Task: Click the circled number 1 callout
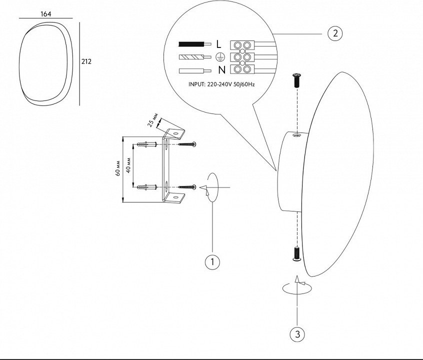click(x=212, y=261)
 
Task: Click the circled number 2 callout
click(x=335, y=33)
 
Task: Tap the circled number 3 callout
click(x=297, y=333)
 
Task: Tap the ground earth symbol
click(x=219, y=57)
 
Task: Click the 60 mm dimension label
click(x=116, y=169)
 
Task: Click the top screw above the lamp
click(x=296, y=79)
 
